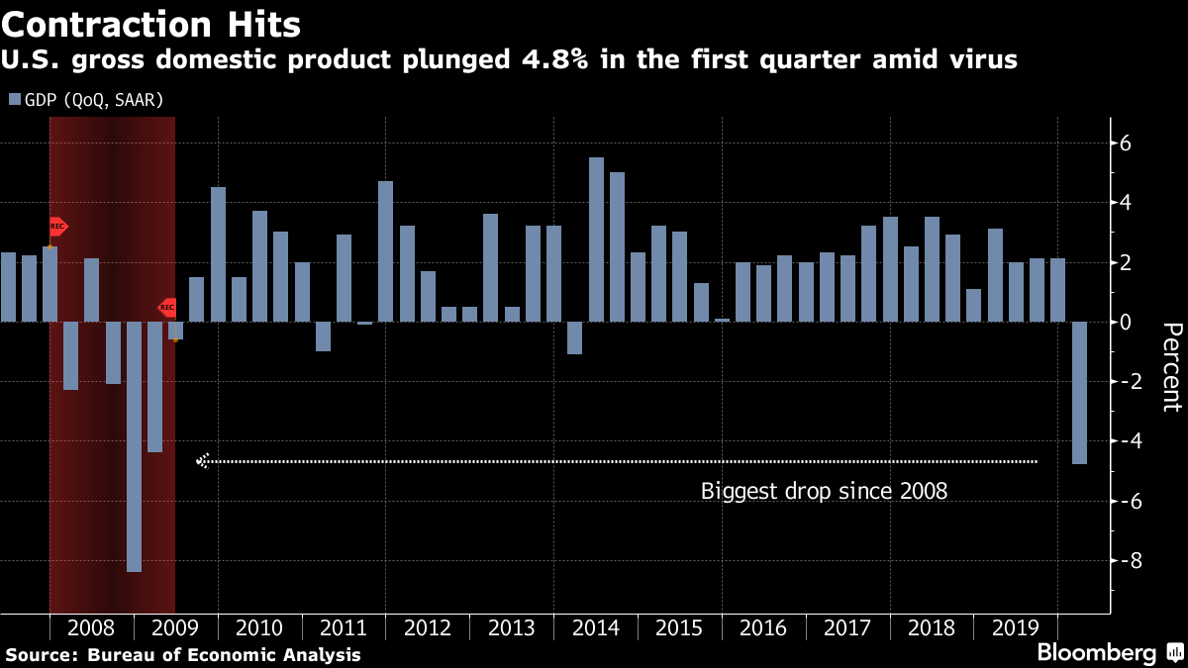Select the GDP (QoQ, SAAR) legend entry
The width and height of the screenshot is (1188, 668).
(85, 100)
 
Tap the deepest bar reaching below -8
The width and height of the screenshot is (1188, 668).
(134, 446)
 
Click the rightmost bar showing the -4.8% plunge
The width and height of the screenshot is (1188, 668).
(1079, 393)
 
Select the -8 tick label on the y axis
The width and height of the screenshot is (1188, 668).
(1123, 560)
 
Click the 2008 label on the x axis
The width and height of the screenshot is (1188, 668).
(91, 628)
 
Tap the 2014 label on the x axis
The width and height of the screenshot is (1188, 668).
(596, 628)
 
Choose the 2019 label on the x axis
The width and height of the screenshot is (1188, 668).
(1016, 628)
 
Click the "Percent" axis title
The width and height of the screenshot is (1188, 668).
(1171, 366)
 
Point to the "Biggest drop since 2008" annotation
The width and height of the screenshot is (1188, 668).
(824, 490)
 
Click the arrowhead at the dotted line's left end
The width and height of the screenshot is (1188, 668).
(202, 460)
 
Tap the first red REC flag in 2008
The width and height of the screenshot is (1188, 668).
(57, 227)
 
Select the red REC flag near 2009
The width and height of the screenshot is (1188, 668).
(168, 308)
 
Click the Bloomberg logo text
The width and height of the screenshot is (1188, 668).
(1096, 653)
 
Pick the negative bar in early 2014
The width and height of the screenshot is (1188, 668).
(574, 337)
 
